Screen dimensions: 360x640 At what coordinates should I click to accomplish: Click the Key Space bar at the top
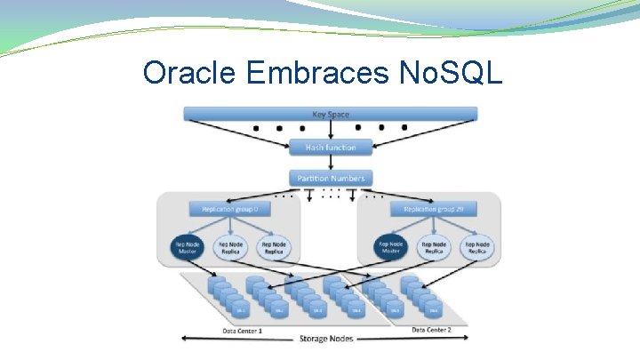tap(330, 114)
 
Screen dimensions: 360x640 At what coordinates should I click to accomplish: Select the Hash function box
tap(330, 147)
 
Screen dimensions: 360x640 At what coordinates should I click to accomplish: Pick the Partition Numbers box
tap(330, 178)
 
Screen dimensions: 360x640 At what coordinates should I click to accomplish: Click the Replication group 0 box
tap(229, 209)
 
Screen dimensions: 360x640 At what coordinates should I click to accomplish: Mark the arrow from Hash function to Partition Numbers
tap(330, 163)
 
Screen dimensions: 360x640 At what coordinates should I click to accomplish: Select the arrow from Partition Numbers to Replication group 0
tap(308, 196)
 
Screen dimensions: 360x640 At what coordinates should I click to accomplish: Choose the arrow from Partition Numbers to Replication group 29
tap(353, 196)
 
